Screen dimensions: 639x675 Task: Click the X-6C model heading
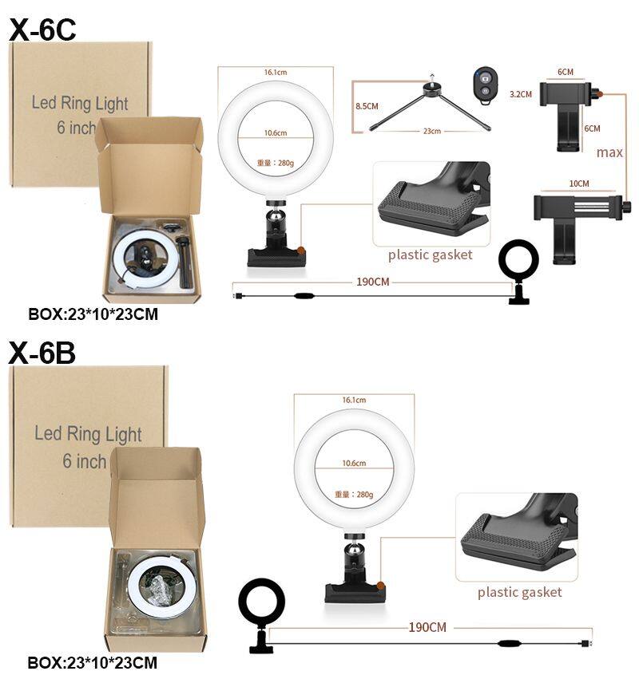point(42,30)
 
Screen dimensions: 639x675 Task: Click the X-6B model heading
point(42,353)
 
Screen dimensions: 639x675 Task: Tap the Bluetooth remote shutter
point(485,85)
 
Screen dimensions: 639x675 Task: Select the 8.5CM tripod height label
point(367,106)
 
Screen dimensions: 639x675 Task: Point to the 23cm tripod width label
point(432,131)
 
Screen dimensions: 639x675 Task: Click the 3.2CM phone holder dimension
point(521,94)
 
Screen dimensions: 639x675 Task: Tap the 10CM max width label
point(578,184)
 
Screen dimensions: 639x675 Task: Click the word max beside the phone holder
point(609,152)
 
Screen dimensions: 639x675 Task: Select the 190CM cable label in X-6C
point(373,282)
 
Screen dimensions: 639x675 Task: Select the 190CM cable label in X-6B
point(427,627)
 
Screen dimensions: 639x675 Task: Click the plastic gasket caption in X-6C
point(430,255)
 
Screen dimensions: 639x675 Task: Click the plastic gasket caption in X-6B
point(520,592)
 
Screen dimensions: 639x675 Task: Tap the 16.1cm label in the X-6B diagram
point(354,400)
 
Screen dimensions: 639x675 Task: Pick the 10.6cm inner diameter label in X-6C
point(276,132)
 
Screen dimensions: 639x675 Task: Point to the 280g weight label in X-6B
point(354,494)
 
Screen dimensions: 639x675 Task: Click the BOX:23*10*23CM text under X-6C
point(93,314)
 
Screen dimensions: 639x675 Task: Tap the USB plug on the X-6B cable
point(587,643)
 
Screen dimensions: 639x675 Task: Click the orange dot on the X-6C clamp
point(302,250)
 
